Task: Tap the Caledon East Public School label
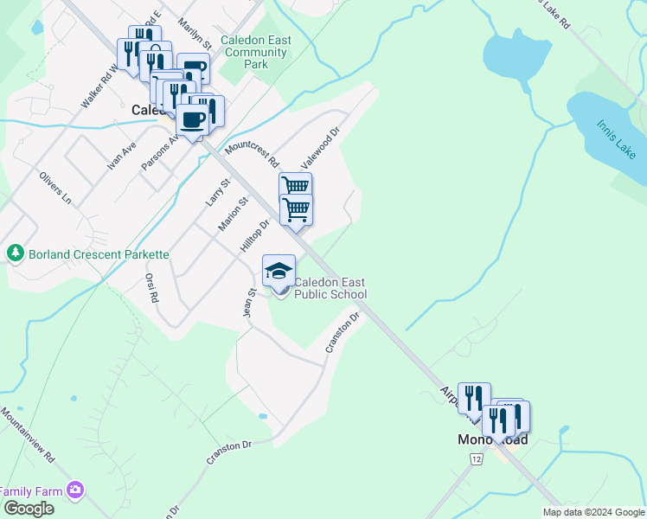coord(330,288)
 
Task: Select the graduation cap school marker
coord(279,272)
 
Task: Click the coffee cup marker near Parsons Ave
coord(194,121)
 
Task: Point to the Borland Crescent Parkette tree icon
coord(15,253)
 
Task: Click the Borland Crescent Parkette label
coord(99,254)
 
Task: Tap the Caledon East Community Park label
coord(255,52)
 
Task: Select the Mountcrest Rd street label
coord(252,150)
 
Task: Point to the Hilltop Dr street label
coord(254,235)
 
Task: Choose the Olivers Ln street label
coord(54,188)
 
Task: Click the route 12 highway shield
coord(477,458)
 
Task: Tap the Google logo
coord(28,509)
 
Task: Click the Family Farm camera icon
coord(75,490)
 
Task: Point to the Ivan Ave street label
coord(122,155)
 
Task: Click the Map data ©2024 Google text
coord(593,512)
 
